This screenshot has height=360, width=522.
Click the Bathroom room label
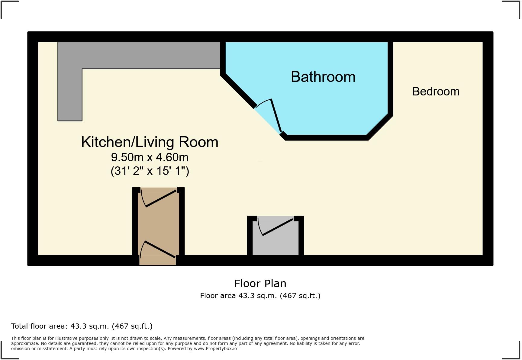coord(323,77)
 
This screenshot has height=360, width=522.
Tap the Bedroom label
coord(436,92)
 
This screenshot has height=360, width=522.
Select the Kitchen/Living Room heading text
coord(150,142)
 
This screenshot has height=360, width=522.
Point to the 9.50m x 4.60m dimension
coord(150,157)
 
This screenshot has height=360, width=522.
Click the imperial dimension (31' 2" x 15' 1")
coord(150,171)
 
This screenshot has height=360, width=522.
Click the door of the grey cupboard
coord(278,227)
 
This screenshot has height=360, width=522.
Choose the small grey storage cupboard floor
coord(275,245)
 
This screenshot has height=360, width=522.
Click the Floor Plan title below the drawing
coord(260,284)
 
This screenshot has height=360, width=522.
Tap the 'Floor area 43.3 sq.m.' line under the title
coord(260,296)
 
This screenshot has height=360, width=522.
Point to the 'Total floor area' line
coord(82,326)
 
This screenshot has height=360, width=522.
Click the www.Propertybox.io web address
coord(215,349)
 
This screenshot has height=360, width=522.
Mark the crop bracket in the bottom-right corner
coord(515,353)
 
